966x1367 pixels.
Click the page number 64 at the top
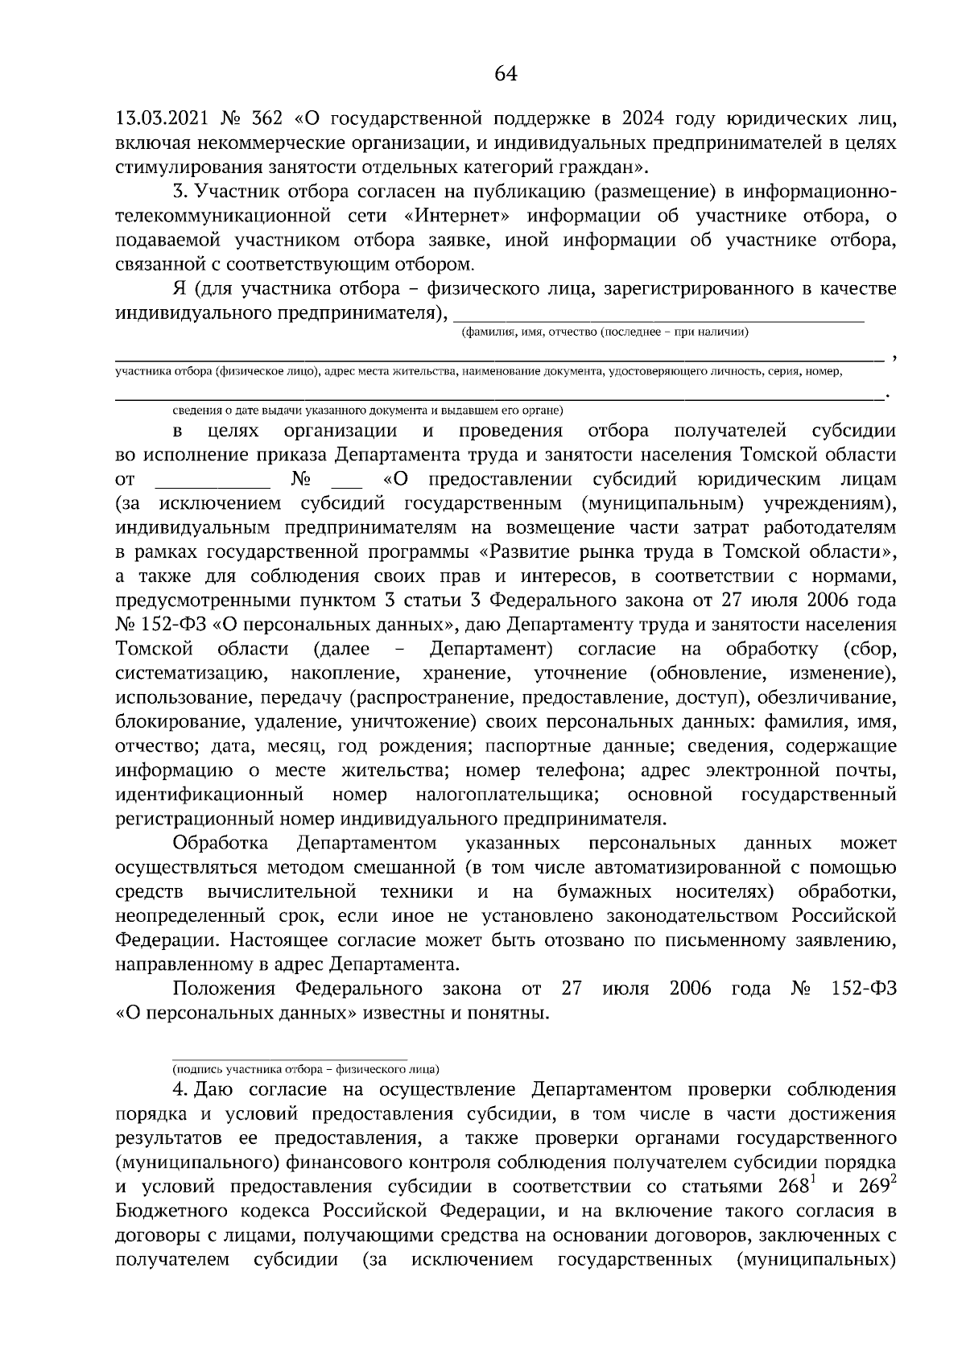click(505, 74)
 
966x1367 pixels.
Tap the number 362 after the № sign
click(266, 119)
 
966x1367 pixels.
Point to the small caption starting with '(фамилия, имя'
click(604, 332)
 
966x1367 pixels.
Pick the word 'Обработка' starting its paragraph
click(220, 844)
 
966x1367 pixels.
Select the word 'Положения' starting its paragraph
click(224, 989)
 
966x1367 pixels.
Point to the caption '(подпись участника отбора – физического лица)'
click(305, 1070)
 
